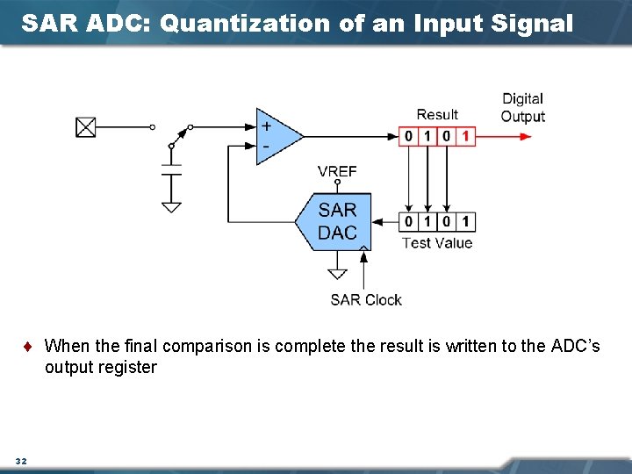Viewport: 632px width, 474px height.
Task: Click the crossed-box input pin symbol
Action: (85, 127)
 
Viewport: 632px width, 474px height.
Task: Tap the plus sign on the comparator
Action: (265, 126)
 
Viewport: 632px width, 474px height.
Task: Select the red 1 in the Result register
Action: (465, 136)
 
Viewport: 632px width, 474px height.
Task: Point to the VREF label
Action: (337, 171)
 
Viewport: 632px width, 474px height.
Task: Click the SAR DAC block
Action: (334, 221)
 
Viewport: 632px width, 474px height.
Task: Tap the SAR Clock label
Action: (365, 300)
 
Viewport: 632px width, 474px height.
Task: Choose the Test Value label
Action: (436, 243)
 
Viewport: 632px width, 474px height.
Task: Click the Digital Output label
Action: (522, 108)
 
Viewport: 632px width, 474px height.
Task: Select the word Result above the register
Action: (436, 114)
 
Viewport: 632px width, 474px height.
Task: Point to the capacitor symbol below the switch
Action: (171, 168)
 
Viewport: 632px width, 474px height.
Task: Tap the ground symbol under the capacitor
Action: (171, 207)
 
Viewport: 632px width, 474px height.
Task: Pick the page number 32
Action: (21, 461)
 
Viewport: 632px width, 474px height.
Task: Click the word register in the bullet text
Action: (128, 367)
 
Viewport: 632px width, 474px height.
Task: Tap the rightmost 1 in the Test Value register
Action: (465, 221)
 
